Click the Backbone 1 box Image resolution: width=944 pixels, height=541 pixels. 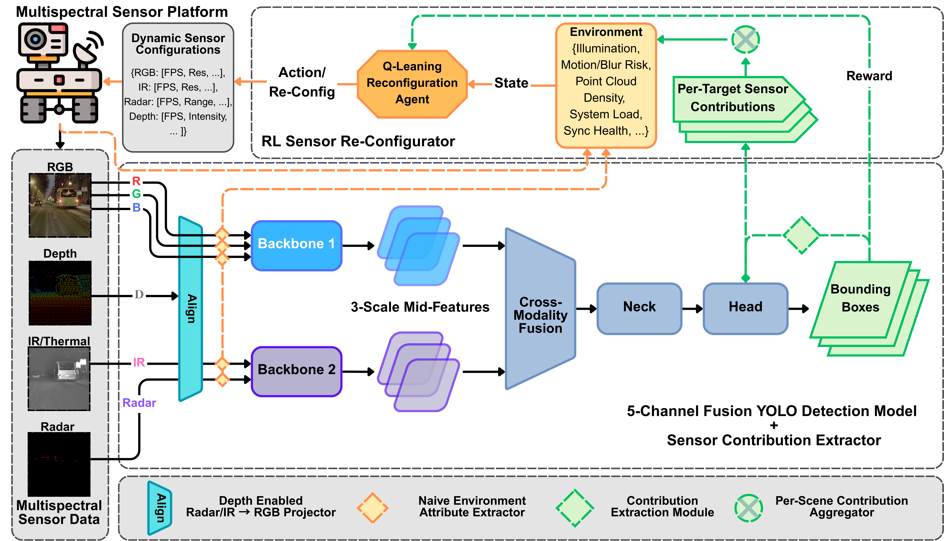(x=296, y=245)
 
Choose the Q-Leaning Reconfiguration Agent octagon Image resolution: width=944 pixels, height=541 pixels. (x=412, y=84)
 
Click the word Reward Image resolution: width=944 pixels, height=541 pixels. (x=869, y=76)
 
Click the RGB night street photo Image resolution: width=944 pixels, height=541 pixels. (x=60, y=205)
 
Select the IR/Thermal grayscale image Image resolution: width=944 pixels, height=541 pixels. (x=59, y=379)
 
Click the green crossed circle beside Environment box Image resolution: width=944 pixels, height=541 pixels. (x=745, y=39)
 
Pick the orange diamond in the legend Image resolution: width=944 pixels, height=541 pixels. (x=372, y=508)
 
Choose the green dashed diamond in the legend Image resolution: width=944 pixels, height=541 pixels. (x=575, y=508)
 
